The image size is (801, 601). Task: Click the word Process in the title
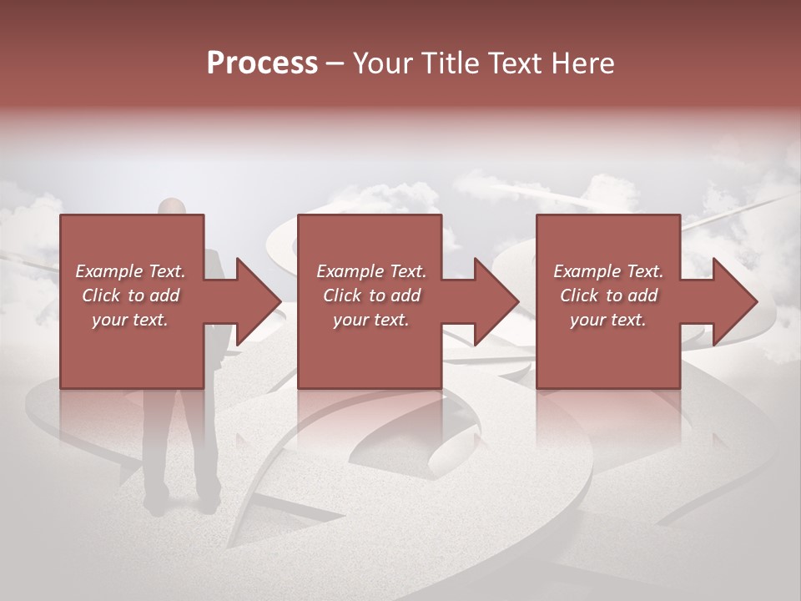point(262,63)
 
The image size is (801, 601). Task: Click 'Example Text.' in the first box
point(130,271)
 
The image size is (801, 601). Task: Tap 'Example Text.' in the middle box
point(370,271)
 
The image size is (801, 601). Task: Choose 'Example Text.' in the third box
point(608,271)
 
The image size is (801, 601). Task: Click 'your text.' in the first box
point(130,320)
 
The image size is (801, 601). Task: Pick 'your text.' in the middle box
point(370,320)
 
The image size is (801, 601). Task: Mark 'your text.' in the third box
point(608,320)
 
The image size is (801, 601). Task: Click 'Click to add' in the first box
point(130,295)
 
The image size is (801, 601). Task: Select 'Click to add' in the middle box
point(370,295)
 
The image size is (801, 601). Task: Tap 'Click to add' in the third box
point(608,295)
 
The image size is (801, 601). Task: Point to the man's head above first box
point(172,206)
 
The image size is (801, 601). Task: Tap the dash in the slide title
point(334,64)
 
